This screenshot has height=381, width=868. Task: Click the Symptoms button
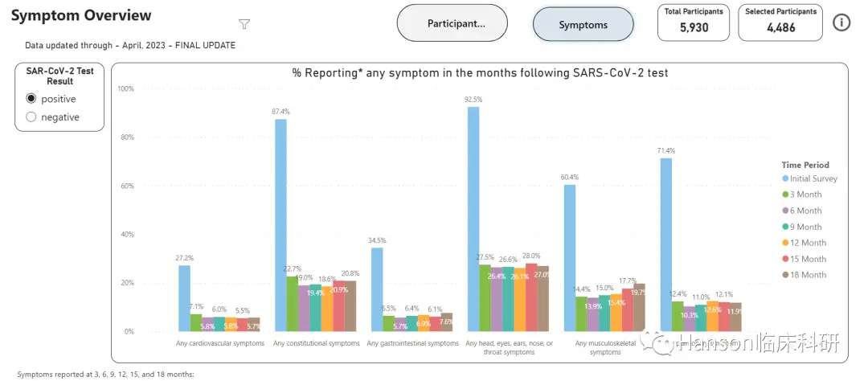[583, 24]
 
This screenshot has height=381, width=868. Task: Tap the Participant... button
[452, 23]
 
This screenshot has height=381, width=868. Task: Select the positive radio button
[31, 99]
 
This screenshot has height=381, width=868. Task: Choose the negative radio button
[31, 117]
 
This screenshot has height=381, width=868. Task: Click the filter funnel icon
[244, 24]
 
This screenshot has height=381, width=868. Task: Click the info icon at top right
[841, 23]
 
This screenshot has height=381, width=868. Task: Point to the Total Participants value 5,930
[694, 27]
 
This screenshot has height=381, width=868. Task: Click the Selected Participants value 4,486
[780, 27]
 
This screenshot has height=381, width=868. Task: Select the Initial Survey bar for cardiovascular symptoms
[184, 297]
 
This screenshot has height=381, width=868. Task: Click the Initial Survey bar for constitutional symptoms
[280, 225]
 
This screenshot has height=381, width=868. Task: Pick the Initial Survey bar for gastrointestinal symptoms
[377, 289]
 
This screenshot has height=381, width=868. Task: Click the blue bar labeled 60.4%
[570, 257]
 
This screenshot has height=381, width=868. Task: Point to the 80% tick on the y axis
[126, 137]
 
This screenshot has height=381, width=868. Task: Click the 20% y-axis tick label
[126, 283]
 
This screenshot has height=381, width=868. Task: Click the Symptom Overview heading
[81, 15]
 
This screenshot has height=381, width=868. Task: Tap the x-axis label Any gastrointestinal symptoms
[412, 343]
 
